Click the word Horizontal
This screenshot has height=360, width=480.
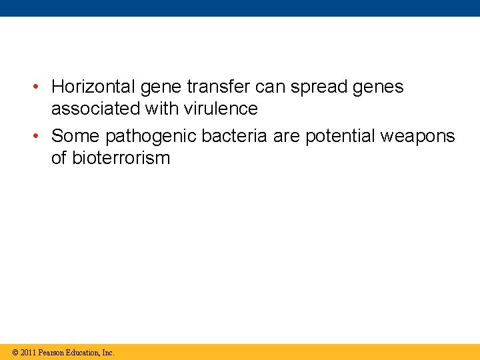coord(92,87)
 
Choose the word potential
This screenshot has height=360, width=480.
coord(340,137)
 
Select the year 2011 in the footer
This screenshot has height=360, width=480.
coord(28,352)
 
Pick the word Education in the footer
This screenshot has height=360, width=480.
coord(83,352)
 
